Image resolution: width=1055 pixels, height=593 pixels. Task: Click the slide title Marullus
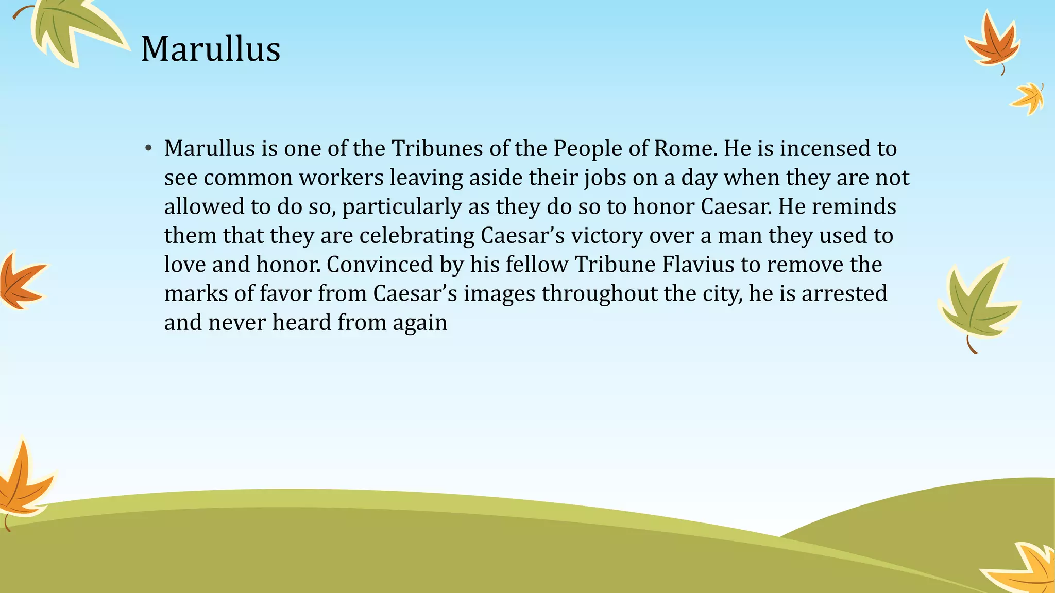[211, 49]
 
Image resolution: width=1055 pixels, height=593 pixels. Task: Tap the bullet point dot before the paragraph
[148, 149]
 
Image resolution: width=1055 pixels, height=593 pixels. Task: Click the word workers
[342, 178]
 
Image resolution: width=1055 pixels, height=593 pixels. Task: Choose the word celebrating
[417, 236]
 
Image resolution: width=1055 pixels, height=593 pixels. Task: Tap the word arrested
[844, 293]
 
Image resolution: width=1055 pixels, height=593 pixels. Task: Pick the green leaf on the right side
[976, 304]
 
